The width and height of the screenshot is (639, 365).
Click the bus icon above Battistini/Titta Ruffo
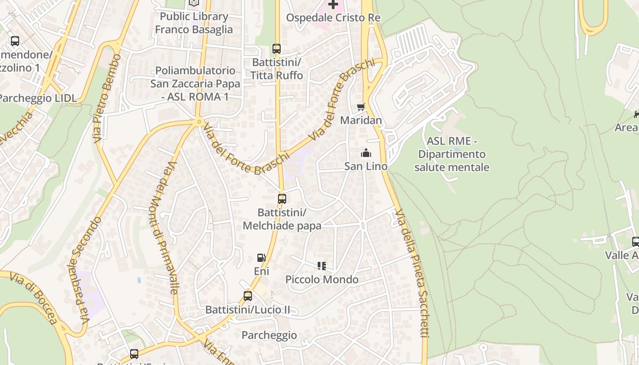point(276,49)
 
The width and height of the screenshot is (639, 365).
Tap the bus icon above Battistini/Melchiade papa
point(282,199)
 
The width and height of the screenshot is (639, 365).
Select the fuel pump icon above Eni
point(261,258)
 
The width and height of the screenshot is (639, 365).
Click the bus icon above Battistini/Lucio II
point(248,296)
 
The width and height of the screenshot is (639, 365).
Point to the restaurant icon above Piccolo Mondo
point(322,266)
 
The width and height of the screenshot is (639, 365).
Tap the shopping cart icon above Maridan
point(361,107)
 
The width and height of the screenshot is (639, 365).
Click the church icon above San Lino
point(366,153)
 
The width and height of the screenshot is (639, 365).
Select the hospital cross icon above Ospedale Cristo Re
point(333,5)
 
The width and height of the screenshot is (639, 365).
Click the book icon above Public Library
point(194,3)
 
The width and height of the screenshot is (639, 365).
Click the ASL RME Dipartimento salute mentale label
point(452,154)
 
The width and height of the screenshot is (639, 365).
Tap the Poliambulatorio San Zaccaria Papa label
point(195,83)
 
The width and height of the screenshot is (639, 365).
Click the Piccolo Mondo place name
point(322,280)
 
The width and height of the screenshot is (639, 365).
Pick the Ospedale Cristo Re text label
point(333,18)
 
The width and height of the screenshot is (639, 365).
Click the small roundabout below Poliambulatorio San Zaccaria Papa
point(199,122)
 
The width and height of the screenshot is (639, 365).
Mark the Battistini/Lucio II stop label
point(248,310)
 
